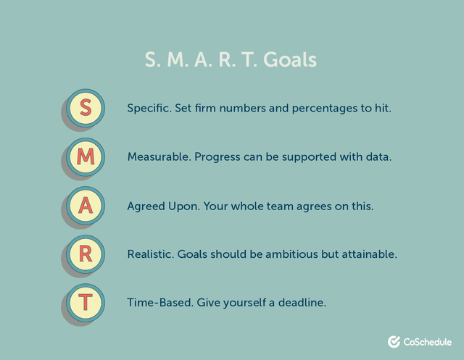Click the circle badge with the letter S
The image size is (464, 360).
click(86, 107)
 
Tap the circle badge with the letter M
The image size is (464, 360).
click(86, 156)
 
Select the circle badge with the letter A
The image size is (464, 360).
click(86, 205)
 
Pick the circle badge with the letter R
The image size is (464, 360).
click(86, 254)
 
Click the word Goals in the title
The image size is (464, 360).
click(290, 59)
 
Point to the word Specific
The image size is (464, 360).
click(149, 108)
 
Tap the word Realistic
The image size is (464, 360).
click(150, 254)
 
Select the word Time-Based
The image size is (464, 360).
click(158, 302)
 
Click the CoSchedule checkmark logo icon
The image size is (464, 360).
click(394, 341)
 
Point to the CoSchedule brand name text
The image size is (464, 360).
click(428, 341)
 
